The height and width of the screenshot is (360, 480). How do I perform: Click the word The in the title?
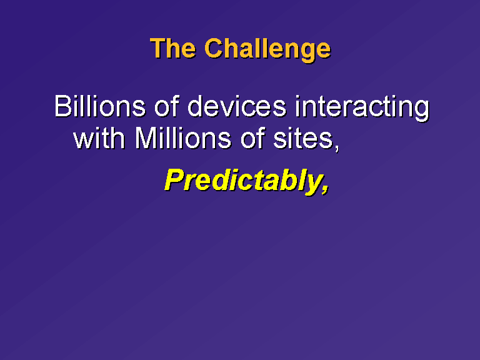[173, 48]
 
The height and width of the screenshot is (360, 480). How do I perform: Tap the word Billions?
[100, 106]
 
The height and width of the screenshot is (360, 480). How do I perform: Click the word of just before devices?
[167, 106]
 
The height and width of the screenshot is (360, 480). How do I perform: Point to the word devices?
[237, 106]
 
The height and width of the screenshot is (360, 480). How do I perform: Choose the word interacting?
[362, 108]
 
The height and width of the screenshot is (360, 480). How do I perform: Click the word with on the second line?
[99, 137]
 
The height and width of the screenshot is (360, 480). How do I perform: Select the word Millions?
[182, 137]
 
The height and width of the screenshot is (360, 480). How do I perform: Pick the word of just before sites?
[253, 137]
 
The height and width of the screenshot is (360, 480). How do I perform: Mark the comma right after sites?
[336, 147]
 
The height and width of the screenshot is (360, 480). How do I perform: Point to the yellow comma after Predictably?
[326, 190]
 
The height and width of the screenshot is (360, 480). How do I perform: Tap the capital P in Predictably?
[176, 180]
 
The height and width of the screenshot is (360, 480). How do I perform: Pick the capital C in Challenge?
[214, 48]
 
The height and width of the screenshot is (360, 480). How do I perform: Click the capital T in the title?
[158, 48]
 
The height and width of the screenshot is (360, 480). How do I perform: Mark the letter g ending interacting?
[422, 111]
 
